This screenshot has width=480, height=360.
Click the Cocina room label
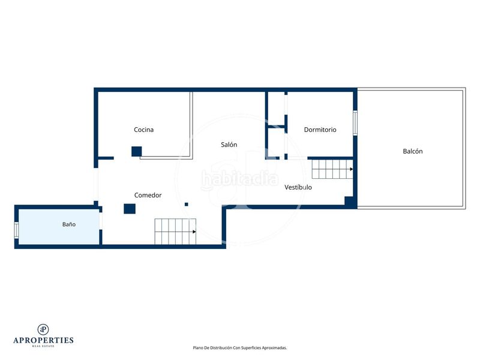coord(143,130)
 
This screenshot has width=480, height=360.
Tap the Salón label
coord(229,145)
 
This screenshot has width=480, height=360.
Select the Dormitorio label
coord(320,130)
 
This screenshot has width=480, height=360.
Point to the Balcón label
coord(413,151)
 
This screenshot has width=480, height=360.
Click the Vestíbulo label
coord(298,187)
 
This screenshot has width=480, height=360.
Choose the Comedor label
coord(148,196)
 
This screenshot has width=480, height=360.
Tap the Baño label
coord(69,224)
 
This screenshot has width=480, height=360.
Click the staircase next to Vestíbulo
coord(332,169)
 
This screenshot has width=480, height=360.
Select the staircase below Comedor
coord(175,232)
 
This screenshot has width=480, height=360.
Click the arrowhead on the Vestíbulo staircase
coord(352,169)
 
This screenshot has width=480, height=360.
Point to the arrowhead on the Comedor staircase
coord(194,232)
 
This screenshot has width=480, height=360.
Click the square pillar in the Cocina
coord(137,152)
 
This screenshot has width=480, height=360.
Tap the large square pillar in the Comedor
coord(130,209)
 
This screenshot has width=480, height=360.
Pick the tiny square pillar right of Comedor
coord(187,204)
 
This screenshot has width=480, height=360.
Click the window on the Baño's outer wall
coord(17,230)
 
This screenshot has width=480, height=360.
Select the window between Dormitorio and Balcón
coord(355,123)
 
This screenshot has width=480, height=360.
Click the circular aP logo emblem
coord(43,329)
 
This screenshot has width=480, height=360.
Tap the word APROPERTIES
coord(43,340)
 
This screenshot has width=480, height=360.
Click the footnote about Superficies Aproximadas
coord(239,348)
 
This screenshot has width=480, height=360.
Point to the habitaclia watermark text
coord(239,179)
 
